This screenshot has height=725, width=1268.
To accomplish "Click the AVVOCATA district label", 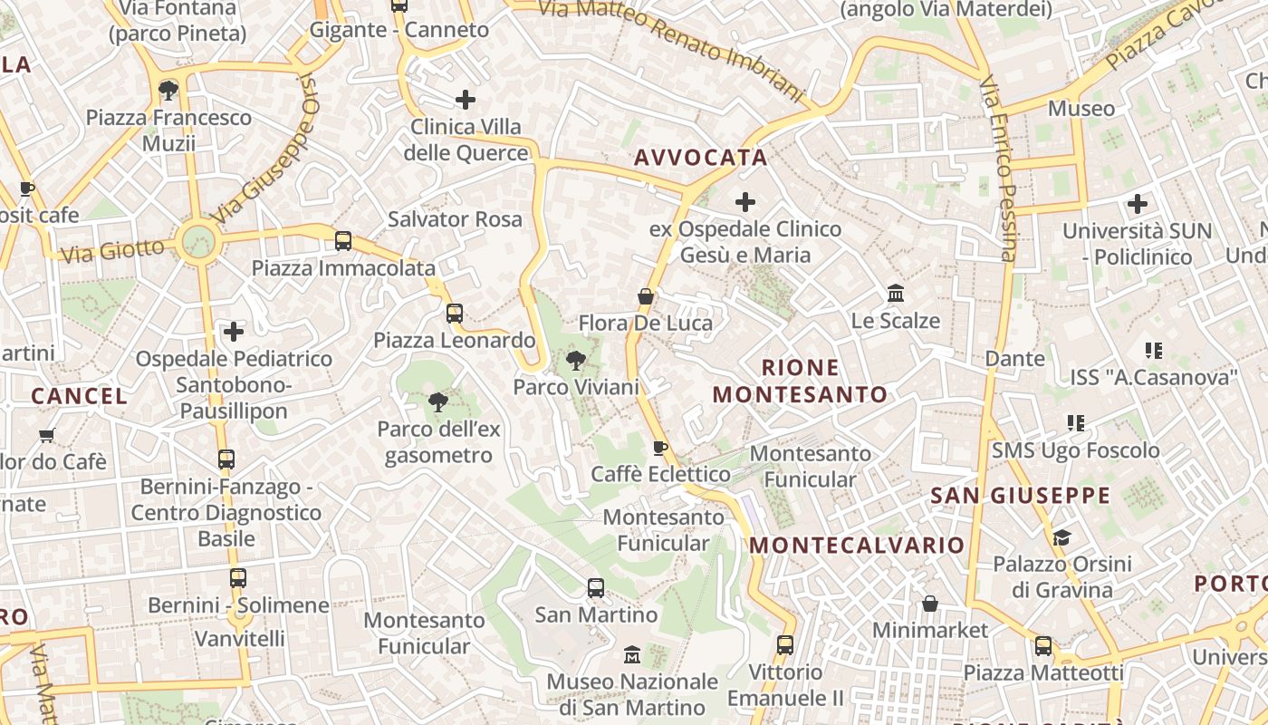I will (x=700, y=158).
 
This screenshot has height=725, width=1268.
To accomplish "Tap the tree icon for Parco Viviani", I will (x=575, y=362).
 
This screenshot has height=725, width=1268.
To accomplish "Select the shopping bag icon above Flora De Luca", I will (x=645, y=296).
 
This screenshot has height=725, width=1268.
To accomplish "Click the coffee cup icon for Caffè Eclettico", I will (x=660, y=448).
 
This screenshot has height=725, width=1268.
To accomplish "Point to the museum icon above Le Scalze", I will (x=896, y=294).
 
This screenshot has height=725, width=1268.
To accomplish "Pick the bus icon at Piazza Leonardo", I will (x=455, y=314).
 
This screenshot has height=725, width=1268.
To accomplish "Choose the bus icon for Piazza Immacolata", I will (x=343, y=241).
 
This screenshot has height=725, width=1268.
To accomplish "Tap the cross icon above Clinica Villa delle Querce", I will (x=466, y=100).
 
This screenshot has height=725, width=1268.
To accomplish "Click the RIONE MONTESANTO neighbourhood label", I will (x=800, y=381).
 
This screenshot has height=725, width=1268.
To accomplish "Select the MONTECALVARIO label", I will (x=857, y=545).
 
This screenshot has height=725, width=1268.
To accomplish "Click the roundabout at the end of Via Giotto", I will (x=198, y=242).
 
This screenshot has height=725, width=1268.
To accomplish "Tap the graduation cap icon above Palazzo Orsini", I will (x=1061, y=537).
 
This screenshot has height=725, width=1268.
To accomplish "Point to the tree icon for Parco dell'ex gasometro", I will (x=438, y=402).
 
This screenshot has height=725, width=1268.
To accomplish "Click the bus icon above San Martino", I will (x=596, y=588).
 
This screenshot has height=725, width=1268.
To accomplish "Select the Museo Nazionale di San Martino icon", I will (x=632, y=654).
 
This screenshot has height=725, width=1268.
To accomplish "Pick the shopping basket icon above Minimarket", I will (x=930, y=604).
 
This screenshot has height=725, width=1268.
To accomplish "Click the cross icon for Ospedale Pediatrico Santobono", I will (x=234, y=332).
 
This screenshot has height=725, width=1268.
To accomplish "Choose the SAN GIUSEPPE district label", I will (x=1020, y=495).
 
